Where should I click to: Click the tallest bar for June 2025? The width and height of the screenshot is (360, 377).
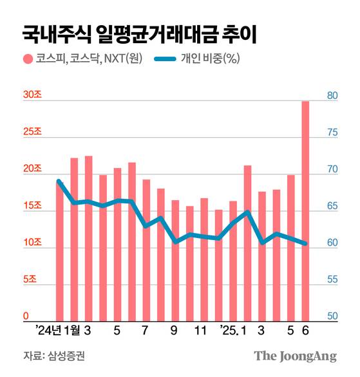[x=305, y=212]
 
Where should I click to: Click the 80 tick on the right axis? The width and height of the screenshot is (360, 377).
[x=332, y=95]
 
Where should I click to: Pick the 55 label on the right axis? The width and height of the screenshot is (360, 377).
[x=332, y=280]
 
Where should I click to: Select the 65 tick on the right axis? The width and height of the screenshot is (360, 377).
[x=332, y=207]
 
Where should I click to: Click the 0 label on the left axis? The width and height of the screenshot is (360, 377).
[x=26, y=317]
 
